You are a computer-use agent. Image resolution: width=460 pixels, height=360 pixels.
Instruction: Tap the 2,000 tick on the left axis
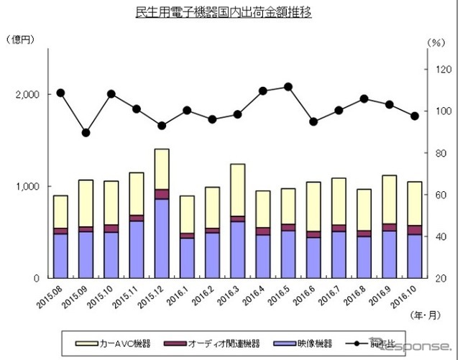click(27, 95)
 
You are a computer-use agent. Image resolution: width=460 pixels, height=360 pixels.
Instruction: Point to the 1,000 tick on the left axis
click(27, 186)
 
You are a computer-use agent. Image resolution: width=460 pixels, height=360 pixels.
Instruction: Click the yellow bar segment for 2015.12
click(162, 169)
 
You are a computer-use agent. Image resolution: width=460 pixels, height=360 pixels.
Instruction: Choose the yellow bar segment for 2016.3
click(237, 190)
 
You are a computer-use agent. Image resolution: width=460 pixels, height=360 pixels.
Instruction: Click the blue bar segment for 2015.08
click(60, 255)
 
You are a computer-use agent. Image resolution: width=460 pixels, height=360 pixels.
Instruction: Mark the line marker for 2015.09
click(86, 132)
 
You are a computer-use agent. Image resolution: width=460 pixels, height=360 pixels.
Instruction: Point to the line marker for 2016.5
click(287, 86)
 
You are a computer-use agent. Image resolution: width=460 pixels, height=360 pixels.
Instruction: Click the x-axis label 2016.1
click(180, 295)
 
